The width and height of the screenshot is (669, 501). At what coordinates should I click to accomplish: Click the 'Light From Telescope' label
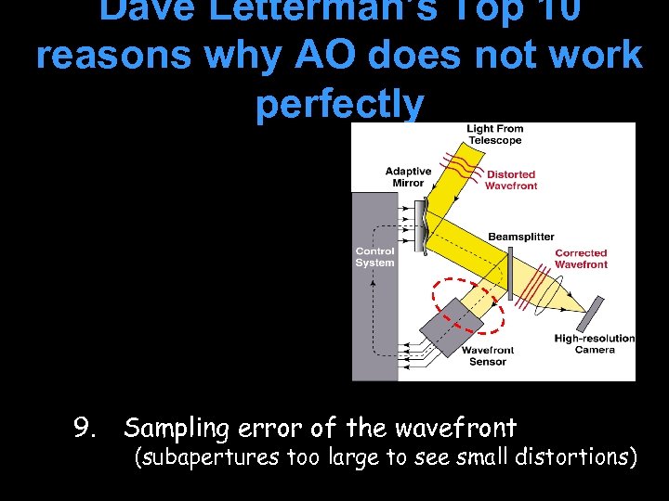(494, 135)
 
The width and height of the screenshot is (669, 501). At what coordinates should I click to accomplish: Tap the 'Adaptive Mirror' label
(408, 176)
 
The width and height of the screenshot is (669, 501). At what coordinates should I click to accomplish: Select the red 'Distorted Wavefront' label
(511, 180)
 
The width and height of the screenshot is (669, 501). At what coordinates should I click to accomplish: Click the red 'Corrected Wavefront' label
(581, 259)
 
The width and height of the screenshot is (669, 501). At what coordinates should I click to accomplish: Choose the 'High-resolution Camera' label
(595, 344)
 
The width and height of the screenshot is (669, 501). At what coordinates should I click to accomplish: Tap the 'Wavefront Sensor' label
(488, 356)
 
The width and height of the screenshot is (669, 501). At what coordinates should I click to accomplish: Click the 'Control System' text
(374, 257)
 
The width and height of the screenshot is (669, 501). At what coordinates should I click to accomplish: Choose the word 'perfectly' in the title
(339, 103)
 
